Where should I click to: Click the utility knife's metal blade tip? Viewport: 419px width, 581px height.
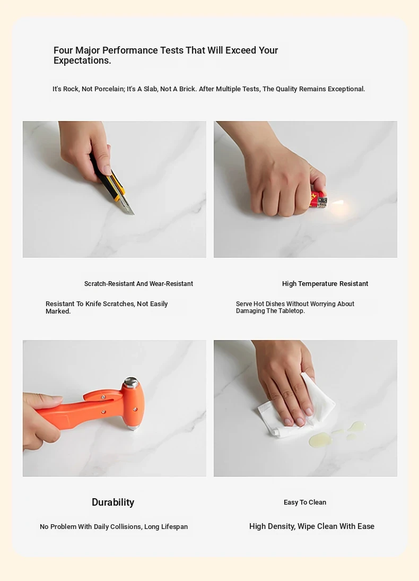click(133, 214)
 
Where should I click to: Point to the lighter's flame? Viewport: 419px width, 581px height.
click(338, 203)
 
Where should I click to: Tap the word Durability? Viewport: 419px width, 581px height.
click(113, 502)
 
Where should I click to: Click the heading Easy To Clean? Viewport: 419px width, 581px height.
click(305, 502)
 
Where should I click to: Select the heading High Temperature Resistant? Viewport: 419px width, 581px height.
click(325, 284)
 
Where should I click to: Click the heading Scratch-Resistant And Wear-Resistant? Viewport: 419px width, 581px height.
click(138, 284)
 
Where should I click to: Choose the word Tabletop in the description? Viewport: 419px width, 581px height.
click(291, 311)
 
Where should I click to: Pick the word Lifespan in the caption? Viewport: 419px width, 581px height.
click(174, 526)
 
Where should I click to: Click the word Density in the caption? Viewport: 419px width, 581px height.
click(281, 526)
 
